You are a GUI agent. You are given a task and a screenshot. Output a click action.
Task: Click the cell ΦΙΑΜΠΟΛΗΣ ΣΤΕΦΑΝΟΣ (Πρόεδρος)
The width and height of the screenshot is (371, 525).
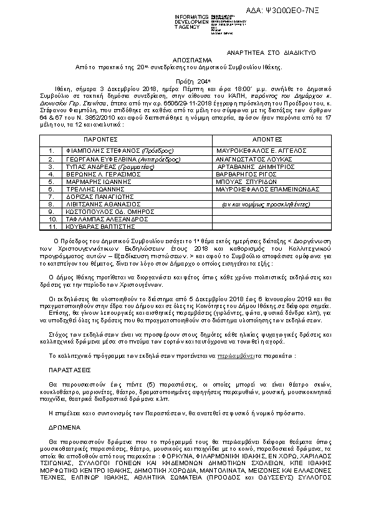[x=112, y=151]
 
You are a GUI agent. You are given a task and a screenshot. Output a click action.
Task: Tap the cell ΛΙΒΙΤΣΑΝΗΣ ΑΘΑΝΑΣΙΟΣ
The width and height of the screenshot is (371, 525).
[x=100, y=204]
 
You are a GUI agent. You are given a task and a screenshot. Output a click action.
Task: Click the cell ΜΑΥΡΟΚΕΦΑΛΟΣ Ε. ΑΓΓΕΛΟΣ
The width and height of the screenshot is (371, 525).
[x=260, y=151]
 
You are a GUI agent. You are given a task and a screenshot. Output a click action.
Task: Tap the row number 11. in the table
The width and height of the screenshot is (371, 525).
[x=52, y=227]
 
